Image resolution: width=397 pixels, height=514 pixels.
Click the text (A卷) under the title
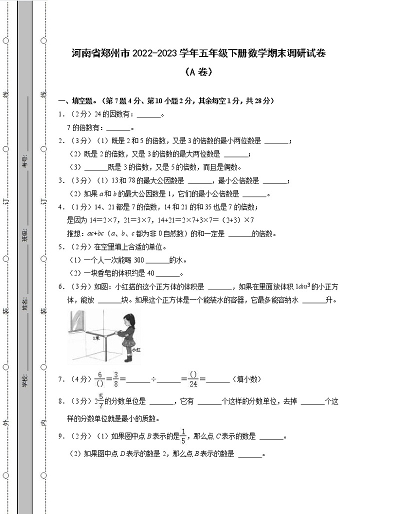198,72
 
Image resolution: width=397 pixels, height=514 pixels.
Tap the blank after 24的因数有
149,115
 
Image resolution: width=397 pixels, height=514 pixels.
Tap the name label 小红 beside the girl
136,350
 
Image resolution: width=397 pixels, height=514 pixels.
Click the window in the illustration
77,322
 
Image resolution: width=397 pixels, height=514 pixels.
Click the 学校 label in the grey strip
25,380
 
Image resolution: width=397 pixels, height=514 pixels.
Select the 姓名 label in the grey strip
25,303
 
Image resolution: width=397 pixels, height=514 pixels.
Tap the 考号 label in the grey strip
25,161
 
